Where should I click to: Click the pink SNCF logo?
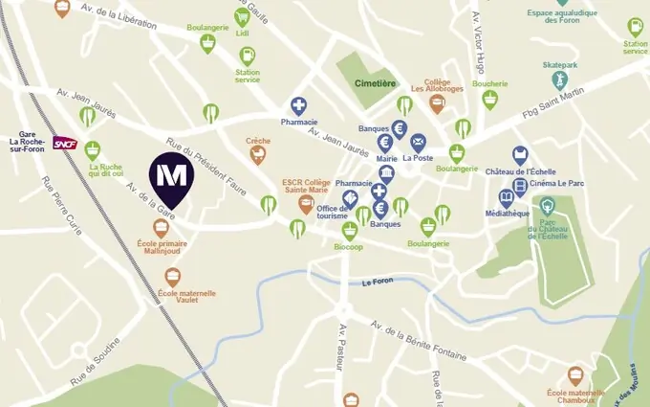[65, 143]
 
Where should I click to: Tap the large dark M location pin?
[172, 176]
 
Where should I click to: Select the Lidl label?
[241, 33]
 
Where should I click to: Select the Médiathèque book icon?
[507, 198]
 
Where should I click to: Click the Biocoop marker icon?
[349, 230]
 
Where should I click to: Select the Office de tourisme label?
[333, 213]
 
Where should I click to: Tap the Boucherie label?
[488, 83]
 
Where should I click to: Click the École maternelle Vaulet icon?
[173, 277]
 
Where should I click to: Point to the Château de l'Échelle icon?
[520, 154]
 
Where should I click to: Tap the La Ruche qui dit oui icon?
[92, 150]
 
